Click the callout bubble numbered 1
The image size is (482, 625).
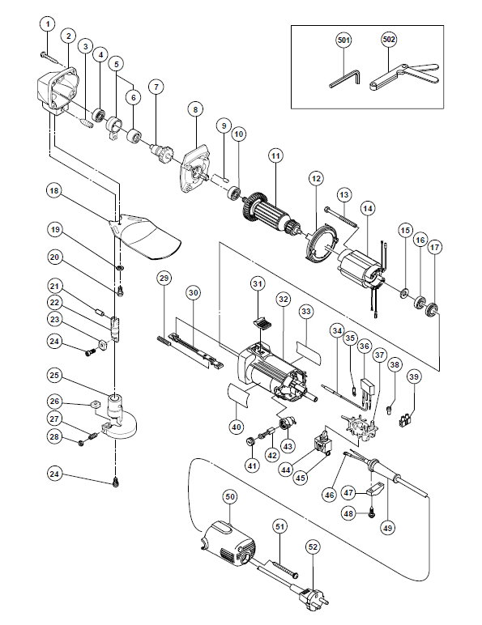pyautogui.click(x=48, y=25)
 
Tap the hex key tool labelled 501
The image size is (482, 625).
pyautogui.click(x=346, y=78)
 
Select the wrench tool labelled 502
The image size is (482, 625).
pyautogui.click(x=403, y=76)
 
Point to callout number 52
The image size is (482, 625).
pyautogui.click(x=313, y=547)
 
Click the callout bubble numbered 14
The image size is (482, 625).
pyautogui.click(x=368, y=208)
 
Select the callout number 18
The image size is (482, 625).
pyautogui.click(x=53, y=190)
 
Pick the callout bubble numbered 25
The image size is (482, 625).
pyautogui.click(x=54, y=375)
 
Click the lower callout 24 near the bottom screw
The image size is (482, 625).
pyautogui.click(x=54, y=474)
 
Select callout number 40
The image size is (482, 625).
pyautogui.click(x=237, y=427)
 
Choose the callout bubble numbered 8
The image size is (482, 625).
pyautogui.click(x=195, y=109)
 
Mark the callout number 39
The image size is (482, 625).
pyautogui.click(x=415, y=376)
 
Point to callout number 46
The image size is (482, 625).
pyautogui.click(x=330, y=495)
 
